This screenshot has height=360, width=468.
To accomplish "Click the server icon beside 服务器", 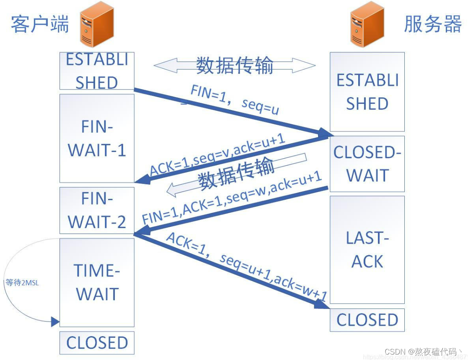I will pyautogui.click(x=367, y=24).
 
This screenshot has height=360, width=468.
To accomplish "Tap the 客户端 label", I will pyautogui.click(x=39, y=24).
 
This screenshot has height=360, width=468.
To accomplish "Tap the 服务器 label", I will pyautogui.click(x=432, y=24).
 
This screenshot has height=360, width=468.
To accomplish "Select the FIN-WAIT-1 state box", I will pyautogui.click(x=97, y=138).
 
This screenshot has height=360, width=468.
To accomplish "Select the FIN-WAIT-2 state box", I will pyautogui.click(x=97, y=210).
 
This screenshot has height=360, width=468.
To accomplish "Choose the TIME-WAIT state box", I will pyautogui.click(x=97, y=282).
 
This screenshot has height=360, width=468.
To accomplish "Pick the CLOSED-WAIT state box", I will pyautogui.click(x=367, y=164).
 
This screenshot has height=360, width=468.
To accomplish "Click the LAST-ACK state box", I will pyautogui.click(x=367, y=249).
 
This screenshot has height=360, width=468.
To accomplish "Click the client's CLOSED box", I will pyautogui.click(x=97, y=343).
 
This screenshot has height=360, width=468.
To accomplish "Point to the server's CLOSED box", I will pyautogui.click(x=367, y=320).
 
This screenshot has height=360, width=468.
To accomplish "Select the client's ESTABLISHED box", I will pyautogui.click(x=97, y=71).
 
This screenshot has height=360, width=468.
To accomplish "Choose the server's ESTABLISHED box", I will pyautogui.click(x=367, y=92).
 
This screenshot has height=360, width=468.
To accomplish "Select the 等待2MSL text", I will pyautogui.click(x=22, y=283).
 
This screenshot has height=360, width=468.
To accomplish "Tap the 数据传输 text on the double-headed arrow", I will pyautogui.click(x=235, y=66).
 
